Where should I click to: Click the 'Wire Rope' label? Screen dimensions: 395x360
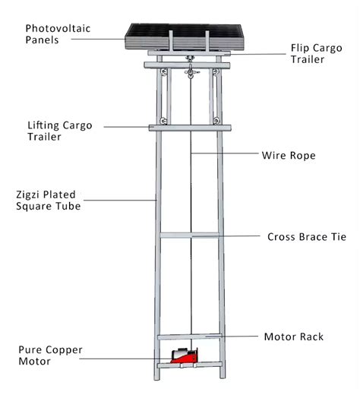288,156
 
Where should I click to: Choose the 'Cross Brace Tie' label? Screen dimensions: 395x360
307,236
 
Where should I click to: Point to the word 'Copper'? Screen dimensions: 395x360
65,349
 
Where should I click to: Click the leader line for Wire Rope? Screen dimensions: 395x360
228,155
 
